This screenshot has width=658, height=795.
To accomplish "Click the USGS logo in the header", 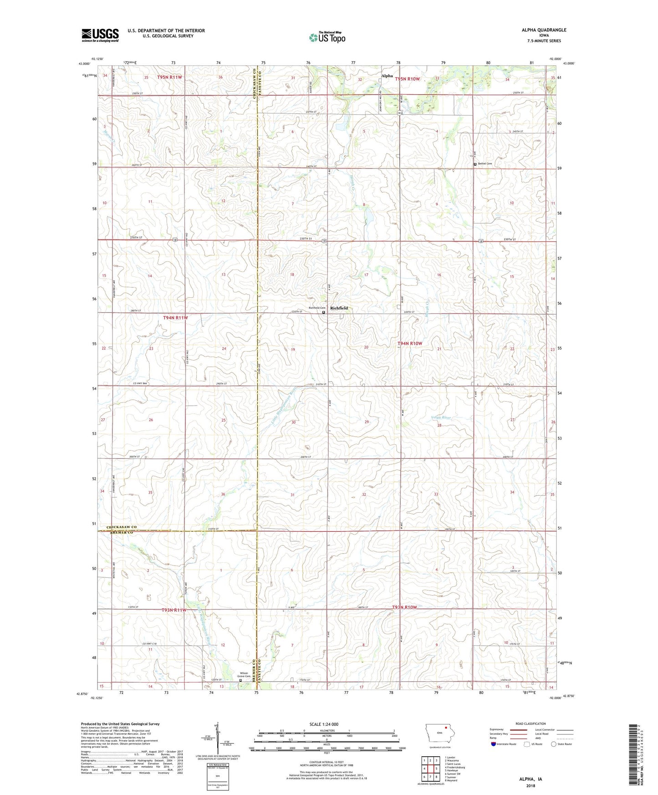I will [100, 35].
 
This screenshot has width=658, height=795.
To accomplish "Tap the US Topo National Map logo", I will [327, 37].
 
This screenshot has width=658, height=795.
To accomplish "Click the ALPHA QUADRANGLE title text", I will [544, 30].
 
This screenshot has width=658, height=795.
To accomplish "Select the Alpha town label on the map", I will [387, 76].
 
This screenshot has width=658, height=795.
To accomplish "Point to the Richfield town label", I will [339, 308].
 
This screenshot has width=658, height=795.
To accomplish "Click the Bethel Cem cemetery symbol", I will [475, 164].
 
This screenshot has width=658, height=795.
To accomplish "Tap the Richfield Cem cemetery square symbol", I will [324, 313].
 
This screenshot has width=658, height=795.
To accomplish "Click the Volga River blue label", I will [440, 418].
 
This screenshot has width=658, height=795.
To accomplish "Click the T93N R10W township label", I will [404, 607].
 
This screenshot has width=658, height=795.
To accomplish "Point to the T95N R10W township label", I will [407, 79].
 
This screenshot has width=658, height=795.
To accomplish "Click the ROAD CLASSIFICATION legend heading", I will [530, 724].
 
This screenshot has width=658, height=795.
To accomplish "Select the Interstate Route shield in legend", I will [494, 744].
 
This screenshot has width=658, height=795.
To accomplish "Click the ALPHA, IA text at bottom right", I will [530, 779].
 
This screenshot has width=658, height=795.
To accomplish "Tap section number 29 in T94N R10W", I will [367, 422].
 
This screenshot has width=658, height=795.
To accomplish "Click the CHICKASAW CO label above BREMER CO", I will [121, 527].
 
